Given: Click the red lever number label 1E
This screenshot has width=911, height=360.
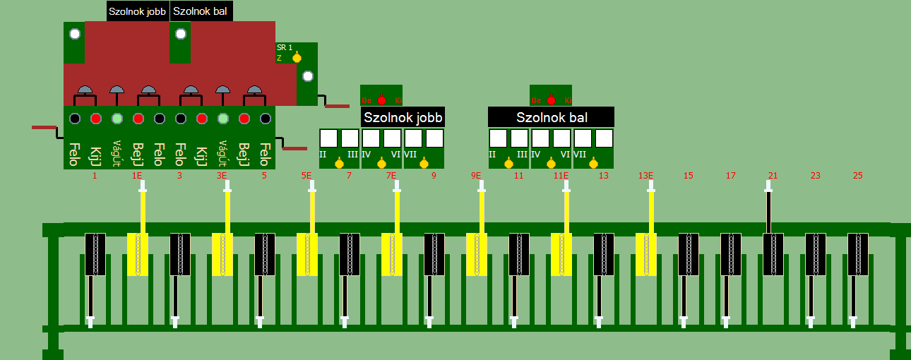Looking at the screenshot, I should click(137, 176).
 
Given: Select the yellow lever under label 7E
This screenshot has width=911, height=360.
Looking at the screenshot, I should click(392, 254).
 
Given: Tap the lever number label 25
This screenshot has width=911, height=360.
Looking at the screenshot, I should click(858, 176).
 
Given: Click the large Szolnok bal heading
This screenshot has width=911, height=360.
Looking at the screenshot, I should click(552, 117).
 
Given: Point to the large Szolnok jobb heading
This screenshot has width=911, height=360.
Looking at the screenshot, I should click(403, 117).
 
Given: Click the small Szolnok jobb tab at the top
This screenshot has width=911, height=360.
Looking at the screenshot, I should click(137, 11).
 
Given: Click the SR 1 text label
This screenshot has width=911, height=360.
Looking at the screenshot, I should click(284, 47).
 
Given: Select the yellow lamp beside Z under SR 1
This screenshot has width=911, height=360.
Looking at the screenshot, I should click(297, 58).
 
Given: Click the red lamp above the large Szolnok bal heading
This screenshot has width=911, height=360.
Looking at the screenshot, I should click(552, 100).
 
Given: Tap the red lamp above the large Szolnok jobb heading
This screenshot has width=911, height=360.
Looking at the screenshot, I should click(382, 100).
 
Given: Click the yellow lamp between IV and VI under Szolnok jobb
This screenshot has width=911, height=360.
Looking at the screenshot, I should click(382, 164).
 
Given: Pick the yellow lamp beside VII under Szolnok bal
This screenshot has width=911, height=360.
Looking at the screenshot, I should click(593, 164).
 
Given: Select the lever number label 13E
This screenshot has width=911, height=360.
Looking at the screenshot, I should click(645, 176).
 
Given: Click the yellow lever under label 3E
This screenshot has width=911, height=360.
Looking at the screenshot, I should click(222, 254).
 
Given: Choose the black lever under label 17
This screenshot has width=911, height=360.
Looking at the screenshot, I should click(731, 254).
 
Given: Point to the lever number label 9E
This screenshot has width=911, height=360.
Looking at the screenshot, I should click(476, 176).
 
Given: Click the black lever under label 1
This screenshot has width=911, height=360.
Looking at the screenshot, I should click(95, 254).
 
